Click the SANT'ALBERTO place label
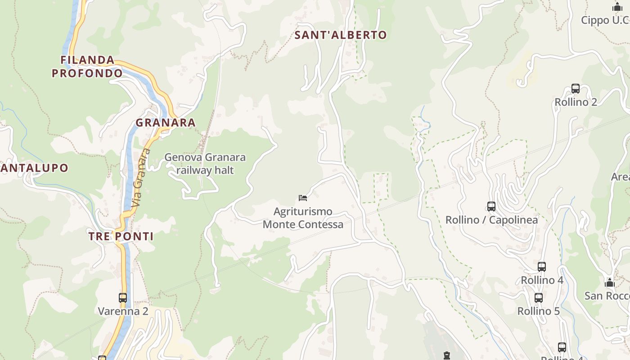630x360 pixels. tap(341, 35)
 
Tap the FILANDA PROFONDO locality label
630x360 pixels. tap(87, 67)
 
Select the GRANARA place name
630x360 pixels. tap(166, 122)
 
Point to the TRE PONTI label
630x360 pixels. tap(121, 236)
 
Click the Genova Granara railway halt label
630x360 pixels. tap(205, 164)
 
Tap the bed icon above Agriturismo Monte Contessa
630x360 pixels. tap(303, 198)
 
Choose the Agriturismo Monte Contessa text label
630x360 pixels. tap(303, 218)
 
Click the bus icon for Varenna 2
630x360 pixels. tap(123, 297)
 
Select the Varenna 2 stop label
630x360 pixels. tap(123, 311)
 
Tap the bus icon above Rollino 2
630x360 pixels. tap(576, 88)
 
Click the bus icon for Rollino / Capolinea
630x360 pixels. tap(491, 207)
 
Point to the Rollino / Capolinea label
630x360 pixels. tap(491, 220)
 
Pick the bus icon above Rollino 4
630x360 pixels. tap(542, 266)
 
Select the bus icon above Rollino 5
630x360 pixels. tap(538, 297)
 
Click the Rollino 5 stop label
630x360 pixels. tap(538, 311)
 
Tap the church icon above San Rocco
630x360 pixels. tap(610, 283)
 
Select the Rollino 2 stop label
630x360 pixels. tap(576, 102)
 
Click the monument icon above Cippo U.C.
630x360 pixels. tap(617, 7)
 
